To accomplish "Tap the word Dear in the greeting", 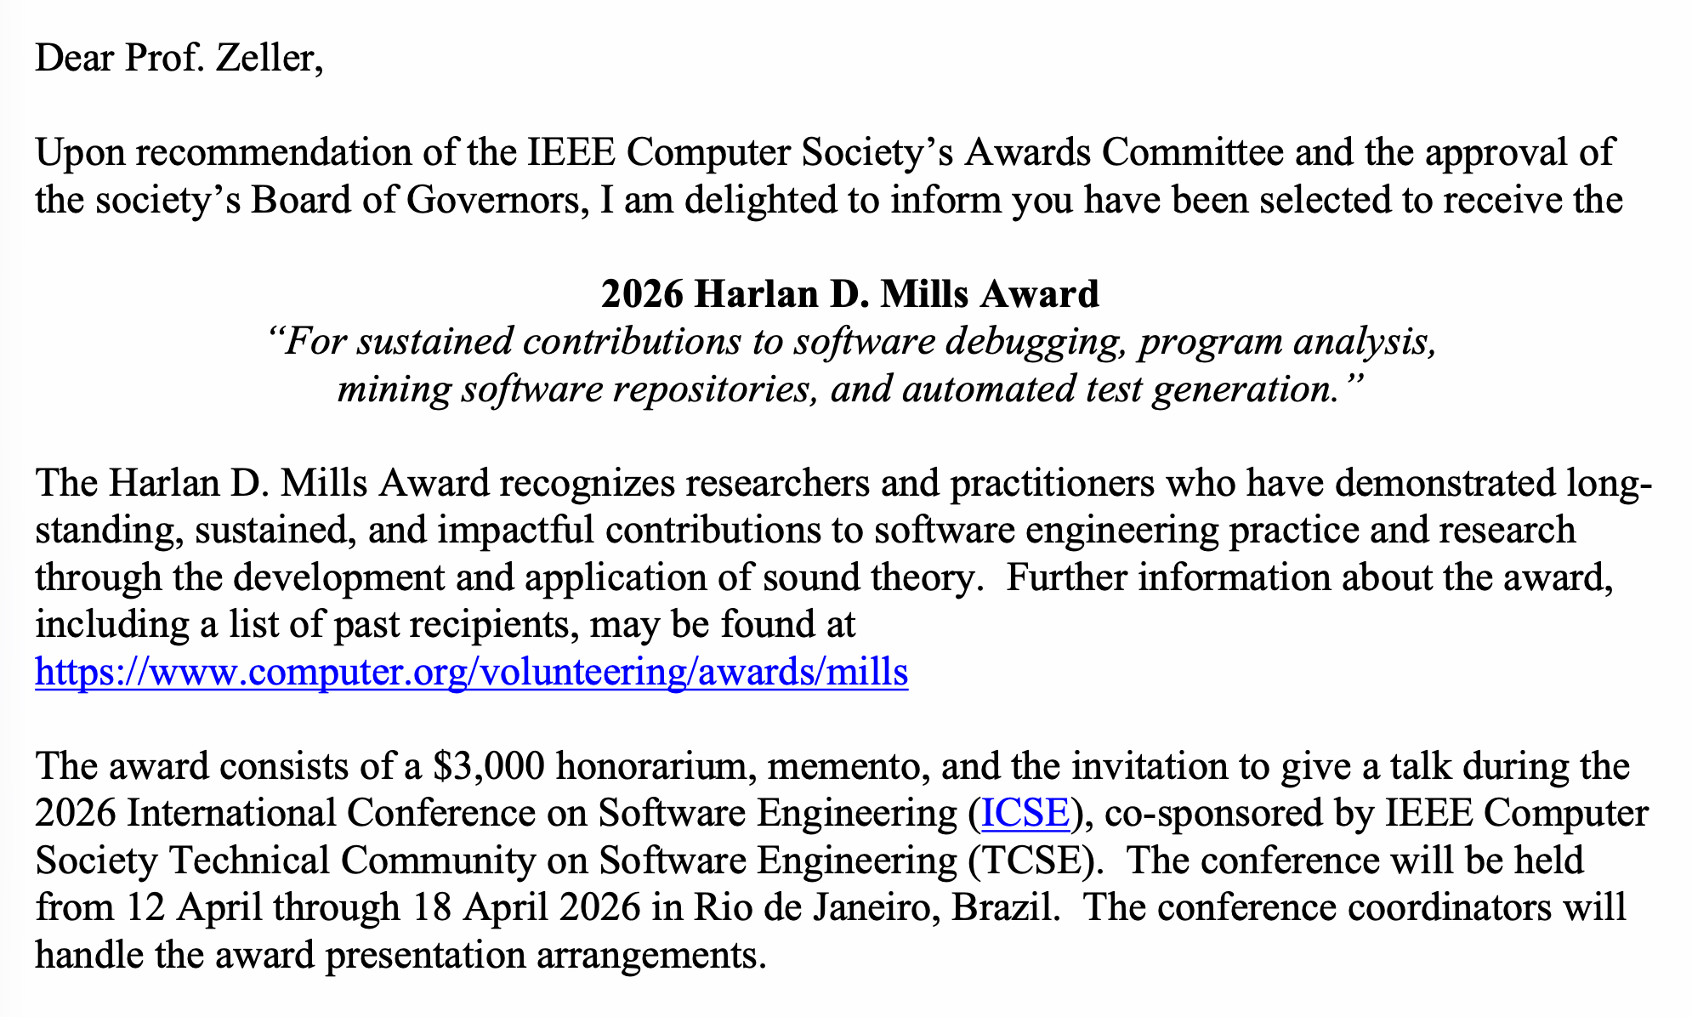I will pos(74,60).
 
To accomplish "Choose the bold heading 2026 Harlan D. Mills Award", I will pos(849,294).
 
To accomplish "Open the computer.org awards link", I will pos(471,673).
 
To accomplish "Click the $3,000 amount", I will pos(488,766).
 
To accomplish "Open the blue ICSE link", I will pos(1025,814).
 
